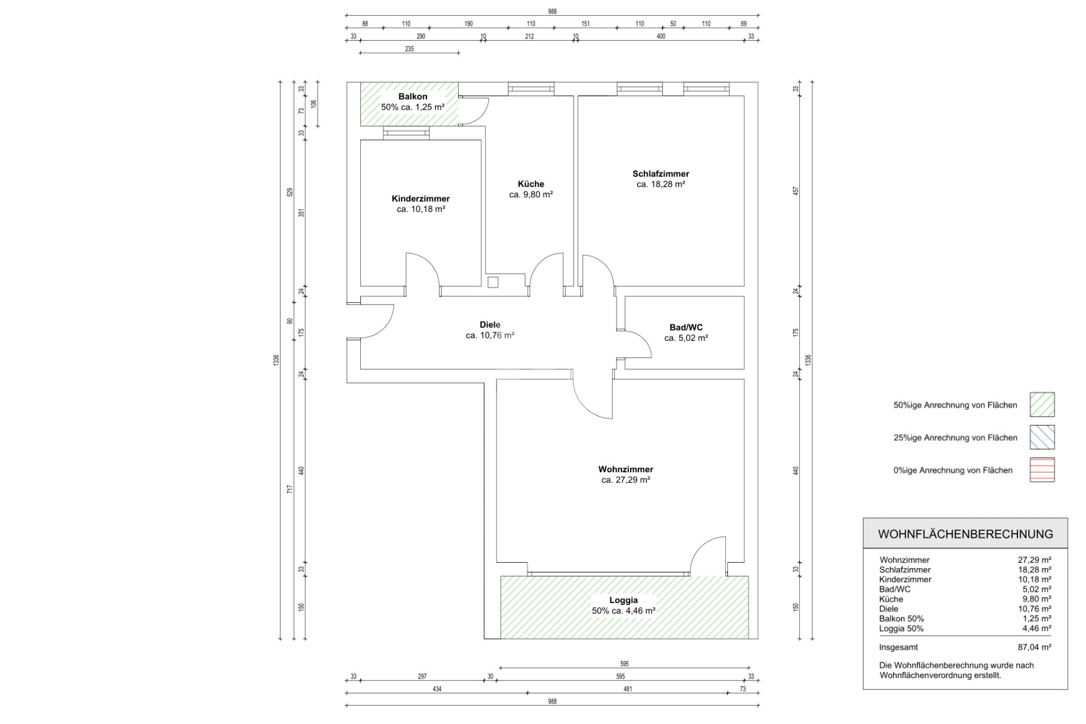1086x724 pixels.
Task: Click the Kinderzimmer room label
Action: (420, 199)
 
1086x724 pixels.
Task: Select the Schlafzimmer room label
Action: (661, 174)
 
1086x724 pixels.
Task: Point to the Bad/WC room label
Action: (686, 327)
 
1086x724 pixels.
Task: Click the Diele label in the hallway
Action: (490, 324)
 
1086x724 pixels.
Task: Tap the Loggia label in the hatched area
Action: (623, 600)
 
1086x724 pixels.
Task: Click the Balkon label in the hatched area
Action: (413, 97)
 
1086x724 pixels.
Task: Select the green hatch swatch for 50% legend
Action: (1042, 405)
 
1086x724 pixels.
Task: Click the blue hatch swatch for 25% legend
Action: (1042, 437)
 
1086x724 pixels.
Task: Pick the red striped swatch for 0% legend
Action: (1042, 470)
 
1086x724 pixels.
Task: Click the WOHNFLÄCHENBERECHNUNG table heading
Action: (966, 534)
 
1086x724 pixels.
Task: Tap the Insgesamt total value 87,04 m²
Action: (1035, 647)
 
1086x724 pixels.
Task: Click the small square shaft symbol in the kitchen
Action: (493, 282)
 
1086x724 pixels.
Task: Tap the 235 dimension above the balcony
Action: (410, 49)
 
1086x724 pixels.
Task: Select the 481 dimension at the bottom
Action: (627, 689)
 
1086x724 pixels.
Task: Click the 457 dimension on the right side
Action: (796, 191)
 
